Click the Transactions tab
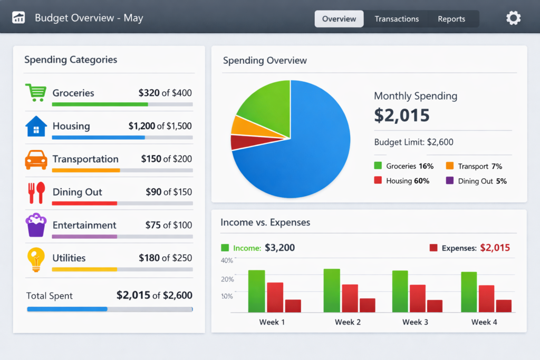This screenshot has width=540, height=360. [397, 19]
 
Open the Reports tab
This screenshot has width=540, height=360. [451, 19]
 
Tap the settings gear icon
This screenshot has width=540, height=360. [513, 18]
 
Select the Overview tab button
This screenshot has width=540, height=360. [339, 19]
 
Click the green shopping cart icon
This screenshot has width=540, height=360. [35, 92]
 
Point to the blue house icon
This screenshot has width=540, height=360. [35, 126]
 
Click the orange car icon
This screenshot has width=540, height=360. [35, 159]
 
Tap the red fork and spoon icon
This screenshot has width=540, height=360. [35, 192]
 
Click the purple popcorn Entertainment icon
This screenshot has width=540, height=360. [35, 225]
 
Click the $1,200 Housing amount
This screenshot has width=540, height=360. [142, 126]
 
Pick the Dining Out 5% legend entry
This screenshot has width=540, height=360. [477, 181]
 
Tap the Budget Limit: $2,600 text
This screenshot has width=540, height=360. [413, 142]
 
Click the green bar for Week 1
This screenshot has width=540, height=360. [256, 291]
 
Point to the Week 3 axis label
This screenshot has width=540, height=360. [416, 322]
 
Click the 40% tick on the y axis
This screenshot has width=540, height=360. [227, 260]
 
